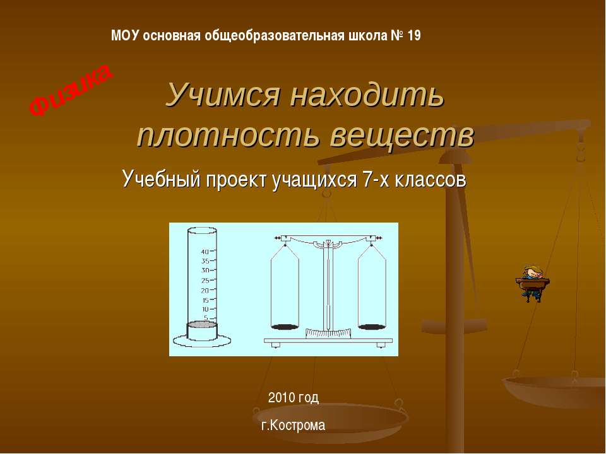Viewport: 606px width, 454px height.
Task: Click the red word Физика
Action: (x=71, y=90)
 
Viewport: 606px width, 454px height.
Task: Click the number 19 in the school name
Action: (x=414, y=35)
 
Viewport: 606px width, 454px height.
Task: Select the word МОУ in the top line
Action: (x=125, y=35)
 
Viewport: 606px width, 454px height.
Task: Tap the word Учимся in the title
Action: (x=222, y=95)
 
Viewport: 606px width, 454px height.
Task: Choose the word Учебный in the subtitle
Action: (x=160, y=180)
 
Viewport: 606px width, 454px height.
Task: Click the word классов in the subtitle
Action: (x=424, y=180)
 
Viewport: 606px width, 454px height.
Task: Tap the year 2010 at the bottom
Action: (x=282, y=397)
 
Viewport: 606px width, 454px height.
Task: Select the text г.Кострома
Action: (x=294, y=426)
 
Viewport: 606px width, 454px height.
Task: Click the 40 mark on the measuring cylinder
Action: (x=205, y=252)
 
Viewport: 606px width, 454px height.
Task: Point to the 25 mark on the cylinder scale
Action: (x=205, y=281)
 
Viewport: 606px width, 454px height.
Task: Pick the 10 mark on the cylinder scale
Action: (x=205, y=309)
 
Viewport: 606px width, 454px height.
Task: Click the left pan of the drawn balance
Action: (x=285, y=326)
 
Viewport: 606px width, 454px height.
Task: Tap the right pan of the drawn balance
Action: (x=372, y=326)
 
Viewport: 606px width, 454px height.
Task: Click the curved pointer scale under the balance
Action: (x=328, y=334)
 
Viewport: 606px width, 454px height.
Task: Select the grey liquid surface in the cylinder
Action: (x=202, y=324)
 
